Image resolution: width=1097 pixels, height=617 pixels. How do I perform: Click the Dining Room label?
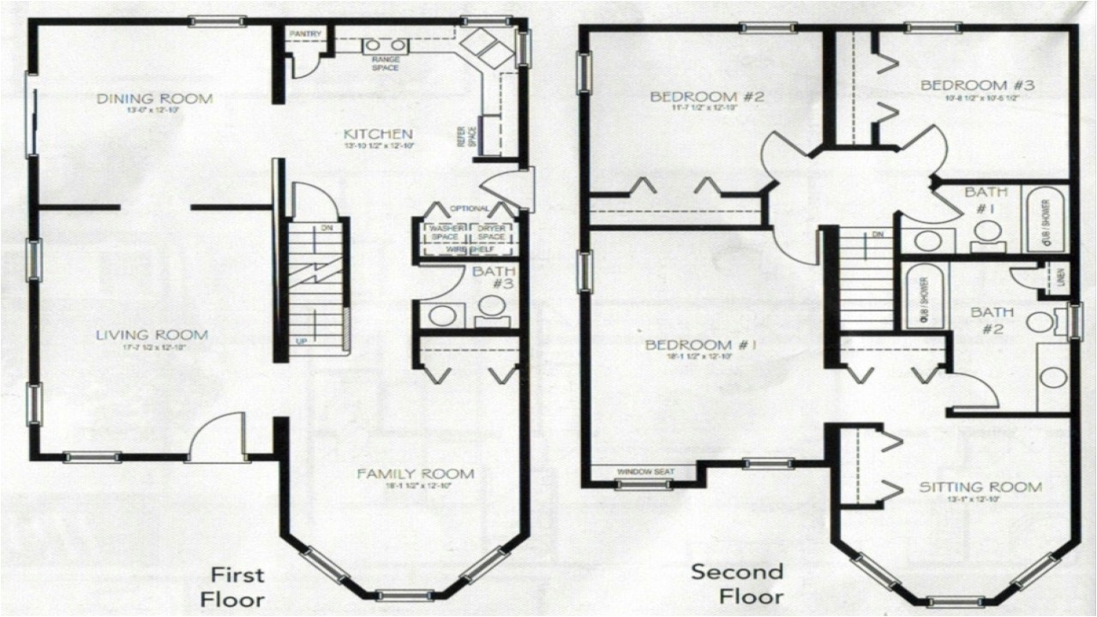(x=154, y=99)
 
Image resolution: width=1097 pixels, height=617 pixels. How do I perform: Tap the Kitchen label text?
(x=378, y=135)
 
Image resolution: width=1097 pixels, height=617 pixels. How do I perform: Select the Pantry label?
(x=304, y=34)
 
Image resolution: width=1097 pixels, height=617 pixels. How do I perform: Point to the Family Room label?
(x=416, y=474)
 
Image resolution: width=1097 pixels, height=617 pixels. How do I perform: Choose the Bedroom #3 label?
(x=977, y=86)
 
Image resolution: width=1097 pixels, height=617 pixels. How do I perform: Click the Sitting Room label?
(x=980, y=488)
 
